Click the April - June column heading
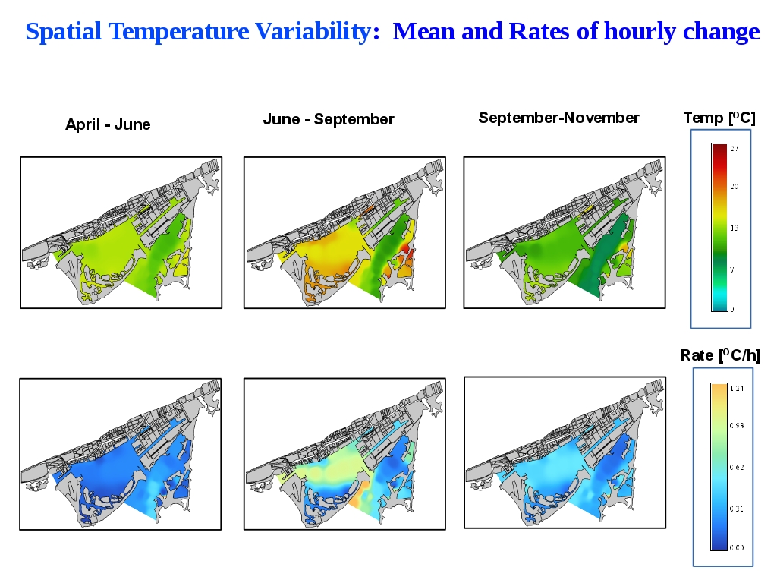(108, 124)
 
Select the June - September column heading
(329, 119)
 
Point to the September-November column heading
(558, 118)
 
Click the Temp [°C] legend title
(719, 118)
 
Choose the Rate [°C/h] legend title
(719, 355)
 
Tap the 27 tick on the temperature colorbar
(735, 149)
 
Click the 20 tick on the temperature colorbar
(735, 186)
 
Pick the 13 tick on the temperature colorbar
(735, 228)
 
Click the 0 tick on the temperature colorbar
(732, 309)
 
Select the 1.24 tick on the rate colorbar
(737, 388)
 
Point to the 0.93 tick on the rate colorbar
(737, 426)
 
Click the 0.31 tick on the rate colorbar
(737, 508)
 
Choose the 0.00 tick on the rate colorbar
(737, 547)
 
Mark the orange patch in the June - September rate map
(358, 497)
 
